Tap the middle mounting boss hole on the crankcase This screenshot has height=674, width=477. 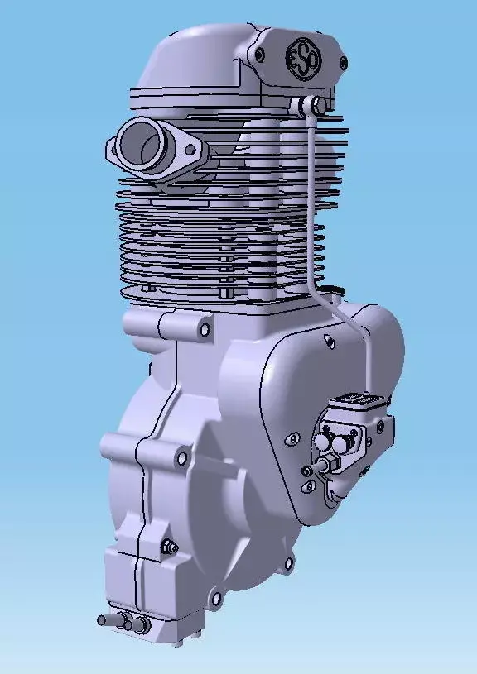(181, 456)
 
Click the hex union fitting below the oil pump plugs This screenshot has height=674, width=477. (323, 466)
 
